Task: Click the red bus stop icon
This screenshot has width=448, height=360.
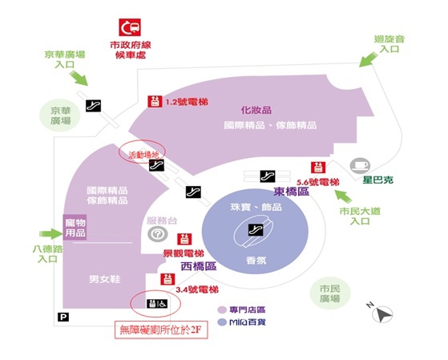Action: [130, 27]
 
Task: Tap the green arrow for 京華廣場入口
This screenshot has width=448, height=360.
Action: [79, 78]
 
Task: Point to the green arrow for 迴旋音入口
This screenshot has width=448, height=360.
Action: [368, 59]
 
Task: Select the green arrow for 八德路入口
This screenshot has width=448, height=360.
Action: [51, 233]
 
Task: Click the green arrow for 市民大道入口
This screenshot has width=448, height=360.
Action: [343, 196]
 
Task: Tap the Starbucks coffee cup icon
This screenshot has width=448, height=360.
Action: [361, 165]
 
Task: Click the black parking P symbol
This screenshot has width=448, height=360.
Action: [63, 317]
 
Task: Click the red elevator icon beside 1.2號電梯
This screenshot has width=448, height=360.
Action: [155, 102]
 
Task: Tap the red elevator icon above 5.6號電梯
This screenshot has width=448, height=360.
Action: [318, 168]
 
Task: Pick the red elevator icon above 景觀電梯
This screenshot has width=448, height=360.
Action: [184, 239]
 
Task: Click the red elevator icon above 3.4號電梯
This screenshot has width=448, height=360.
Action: [167, 279]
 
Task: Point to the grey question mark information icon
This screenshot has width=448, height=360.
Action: [157, 234]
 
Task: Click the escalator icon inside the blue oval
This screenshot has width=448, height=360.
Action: [256, 230]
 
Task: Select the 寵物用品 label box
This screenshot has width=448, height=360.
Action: [75, 228]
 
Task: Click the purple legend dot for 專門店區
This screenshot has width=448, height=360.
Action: [222, 310]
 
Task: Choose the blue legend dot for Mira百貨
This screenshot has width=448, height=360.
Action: [222, 322]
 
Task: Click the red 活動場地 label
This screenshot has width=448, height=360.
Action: [143, 156]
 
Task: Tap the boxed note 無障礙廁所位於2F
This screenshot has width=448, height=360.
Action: [161, 330]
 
